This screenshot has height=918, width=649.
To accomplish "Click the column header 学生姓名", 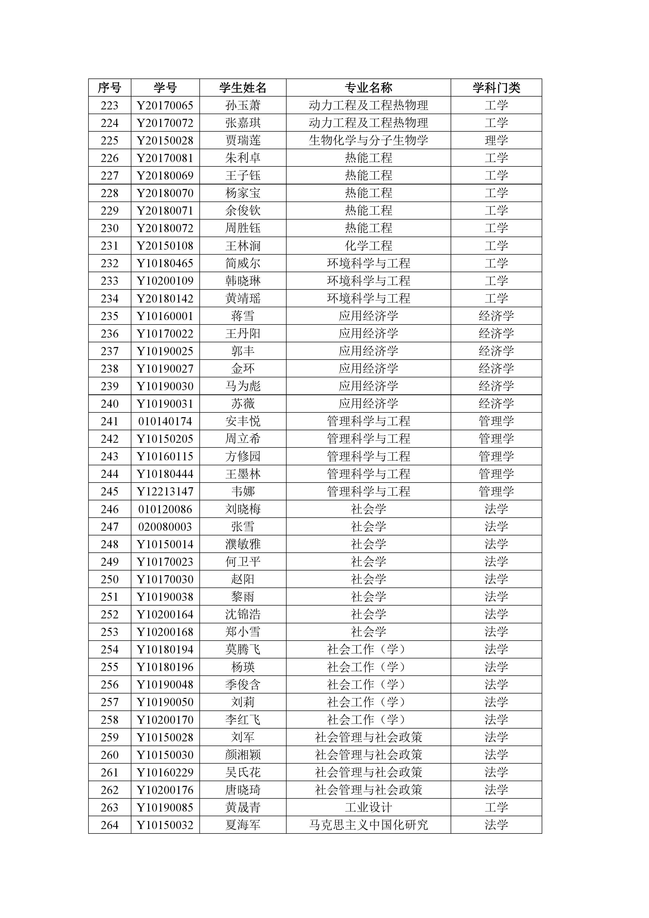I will tap(243, 88).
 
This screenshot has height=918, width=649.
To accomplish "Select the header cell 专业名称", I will tap(368, 88).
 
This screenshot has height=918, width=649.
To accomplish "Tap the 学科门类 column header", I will tap(496, 88).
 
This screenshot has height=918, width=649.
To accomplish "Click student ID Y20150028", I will tap(165, 140).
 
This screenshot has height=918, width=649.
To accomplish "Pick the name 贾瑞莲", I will tap(243, 140).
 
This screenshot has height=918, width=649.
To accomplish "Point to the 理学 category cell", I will tap(496, 140).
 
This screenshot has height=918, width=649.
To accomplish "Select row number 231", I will tap(110, 245).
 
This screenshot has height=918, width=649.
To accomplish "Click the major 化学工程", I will tap(368, 245).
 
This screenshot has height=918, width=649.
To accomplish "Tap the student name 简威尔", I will tap(243, 263).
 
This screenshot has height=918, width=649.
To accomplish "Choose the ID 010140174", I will tap(165, 421).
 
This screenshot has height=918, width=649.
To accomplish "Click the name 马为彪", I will tap(243, 386).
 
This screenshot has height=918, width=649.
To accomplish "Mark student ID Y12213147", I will tap(165, 491).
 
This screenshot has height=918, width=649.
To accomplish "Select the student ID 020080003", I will tap(165, 527).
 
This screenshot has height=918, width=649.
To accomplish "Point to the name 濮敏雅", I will tap(243, 544).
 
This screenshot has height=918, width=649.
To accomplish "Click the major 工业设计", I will tap(368, 807).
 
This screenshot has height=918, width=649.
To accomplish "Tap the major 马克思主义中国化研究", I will tap(368, 825).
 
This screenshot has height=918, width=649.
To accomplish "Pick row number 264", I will tap(110, 825).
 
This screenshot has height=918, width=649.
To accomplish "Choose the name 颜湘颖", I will tap(243, 755).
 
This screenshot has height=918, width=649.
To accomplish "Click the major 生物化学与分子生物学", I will tap(368, 140).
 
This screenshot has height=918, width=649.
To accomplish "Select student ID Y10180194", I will tap(165, 649).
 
